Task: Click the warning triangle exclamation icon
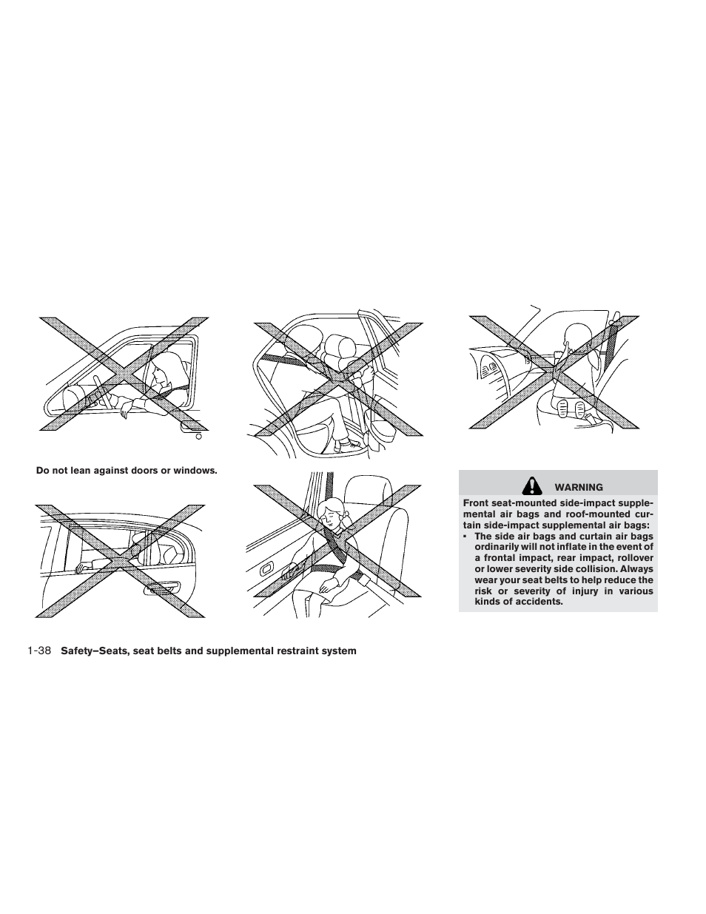[x=530, y=485]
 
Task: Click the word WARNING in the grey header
[x=579, y=488]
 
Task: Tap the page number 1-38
[x=38, y=651]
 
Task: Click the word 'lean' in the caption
[x=85, y=471]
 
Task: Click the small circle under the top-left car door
[x=198, y=437]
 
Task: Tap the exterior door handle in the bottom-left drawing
[x=164, y=588]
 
